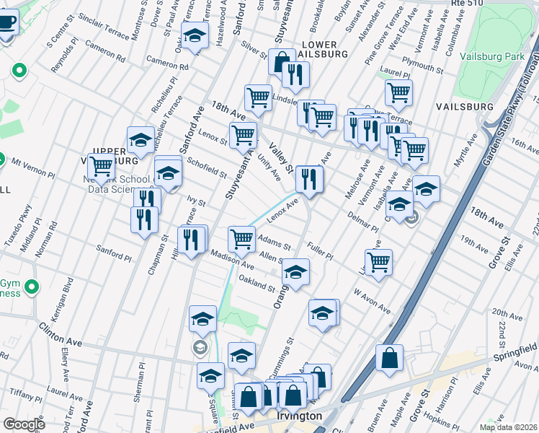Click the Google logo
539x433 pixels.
click(x=23, y=424)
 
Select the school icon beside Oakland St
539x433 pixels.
click(x=295, y=271)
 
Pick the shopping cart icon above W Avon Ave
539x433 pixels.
click(x=378, y=262)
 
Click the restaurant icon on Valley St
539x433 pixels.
click(x=309, y=178)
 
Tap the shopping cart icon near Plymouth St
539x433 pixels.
click(x=398, y=92)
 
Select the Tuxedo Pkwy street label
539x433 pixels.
click(x=14, y=229)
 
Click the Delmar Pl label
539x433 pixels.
click(x=365, y=219)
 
